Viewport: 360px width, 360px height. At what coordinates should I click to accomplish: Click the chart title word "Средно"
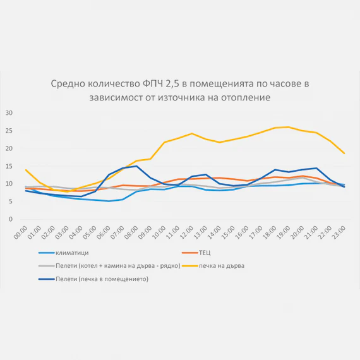point(68,84)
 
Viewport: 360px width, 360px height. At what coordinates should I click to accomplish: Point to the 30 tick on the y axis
point(9,113)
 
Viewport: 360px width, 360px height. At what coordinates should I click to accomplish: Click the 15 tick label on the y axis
point(9,166)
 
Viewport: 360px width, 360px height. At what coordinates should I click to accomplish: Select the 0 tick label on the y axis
point(11,219)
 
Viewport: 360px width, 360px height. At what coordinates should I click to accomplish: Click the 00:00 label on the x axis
point(21,232)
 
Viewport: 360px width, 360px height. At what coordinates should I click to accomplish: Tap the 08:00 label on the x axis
point(131,232)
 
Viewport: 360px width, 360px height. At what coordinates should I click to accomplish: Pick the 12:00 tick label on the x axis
point(187,232)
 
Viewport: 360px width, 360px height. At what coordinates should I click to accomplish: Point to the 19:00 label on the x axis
point(284,232)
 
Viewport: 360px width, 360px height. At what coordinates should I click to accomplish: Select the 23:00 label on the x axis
point(339,232)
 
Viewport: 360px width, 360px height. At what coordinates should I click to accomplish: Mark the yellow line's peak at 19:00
point(289,127)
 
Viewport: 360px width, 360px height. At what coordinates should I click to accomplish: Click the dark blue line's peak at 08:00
point(136,166)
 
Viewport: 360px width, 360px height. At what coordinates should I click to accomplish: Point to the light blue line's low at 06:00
point(109,201)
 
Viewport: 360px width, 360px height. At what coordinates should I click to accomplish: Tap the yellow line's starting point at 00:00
point(26,170)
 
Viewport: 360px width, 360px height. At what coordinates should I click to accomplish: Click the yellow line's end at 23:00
point(344,153)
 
